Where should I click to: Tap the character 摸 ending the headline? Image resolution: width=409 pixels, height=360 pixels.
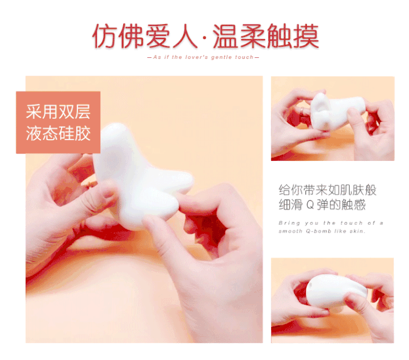pyautogui.click(x=306, y=36)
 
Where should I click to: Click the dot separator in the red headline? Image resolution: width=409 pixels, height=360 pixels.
pyautogui.click(x=204, y=38)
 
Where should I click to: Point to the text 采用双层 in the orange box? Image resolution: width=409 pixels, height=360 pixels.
pyautogui.click(x=58, y=112)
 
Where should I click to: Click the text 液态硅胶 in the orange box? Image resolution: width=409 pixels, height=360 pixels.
pyautogui.click(x=58, y=133)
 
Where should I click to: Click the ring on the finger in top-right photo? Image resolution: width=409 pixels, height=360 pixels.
pyautogui.click(x=301, y=111)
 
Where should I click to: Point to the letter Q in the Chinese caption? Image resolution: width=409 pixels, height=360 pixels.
pyautogui.click(x=310, y=205)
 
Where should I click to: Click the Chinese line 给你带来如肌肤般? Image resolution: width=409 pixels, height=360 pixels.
pyautogui.click(x=327, y=190)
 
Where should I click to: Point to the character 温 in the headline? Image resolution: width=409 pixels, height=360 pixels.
pyautogui.click(x=225, y=36)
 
